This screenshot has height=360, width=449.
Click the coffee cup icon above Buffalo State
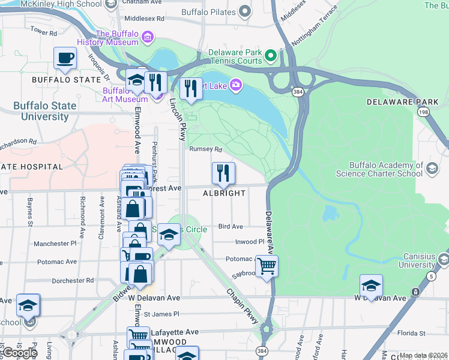click(x=65, y=58)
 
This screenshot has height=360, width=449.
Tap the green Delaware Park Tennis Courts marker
click(x=271, y=56)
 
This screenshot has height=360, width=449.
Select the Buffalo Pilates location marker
click(x=244, y=11)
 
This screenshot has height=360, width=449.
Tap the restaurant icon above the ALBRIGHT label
click(x=223, y=173)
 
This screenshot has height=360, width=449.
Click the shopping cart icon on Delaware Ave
click(x=267, y=265)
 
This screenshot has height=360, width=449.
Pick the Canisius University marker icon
click(x=443, y=259)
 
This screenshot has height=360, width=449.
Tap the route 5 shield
click(x=433, y=276)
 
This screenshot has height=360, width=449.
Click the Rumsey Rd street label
click(x=206, y=149)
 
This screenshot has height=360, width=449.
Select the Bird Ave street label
click(x=231, y=226)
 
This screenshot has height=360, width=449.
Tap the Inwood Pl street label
click(x=250, y=242)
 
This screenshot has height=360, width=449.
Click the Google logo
click(x=20, y=352)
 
